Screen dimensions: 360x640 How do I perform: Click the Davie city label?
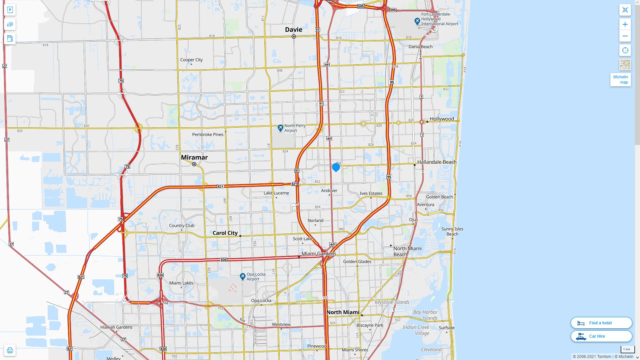(x=293, y=30)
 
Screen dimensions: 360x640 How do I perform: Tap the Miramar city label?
(x=194, y=157)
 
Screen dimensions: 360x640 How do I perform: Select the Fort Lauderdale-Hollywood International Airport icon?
(x=417, y=21)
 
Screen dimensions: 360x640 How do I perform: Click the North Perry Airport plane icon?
(x=280, y=128)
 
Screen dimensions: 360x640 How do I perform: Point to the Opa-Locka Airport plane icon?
(x=243, y=277)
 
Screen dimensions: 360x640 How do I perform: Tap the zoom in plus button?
(x=625, y=24)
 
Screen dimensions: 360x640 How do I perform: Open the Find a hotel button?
(x=601, y=323)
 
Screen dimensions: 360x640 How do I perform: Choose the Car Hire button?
(x=601, y=336)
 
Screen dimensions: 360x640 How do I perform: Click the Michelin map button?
(x=620, y=80)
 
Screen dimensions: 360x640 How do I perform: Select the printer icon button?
(x=10, y=350)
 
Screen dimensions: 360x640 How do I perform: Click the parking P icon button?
(x=10, y=10)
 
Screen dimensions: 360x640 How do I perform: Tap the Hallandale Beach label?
(x=437, y=162)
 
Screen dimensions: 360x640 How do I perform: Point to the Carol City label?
(x=225, y=233)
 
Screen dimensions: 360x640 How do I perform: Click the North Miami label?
(x=343, y=312)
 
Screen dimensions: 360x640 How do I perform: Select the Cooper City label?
(x=191, y=60)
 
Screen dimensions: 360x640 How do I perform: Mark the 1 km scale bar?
(x=627, y=349)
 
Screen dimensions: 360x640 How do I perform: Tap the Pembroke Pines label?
(x=208, y=135)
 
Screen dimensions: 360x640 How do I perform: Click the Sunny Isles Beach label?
(x=452, y=231)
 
